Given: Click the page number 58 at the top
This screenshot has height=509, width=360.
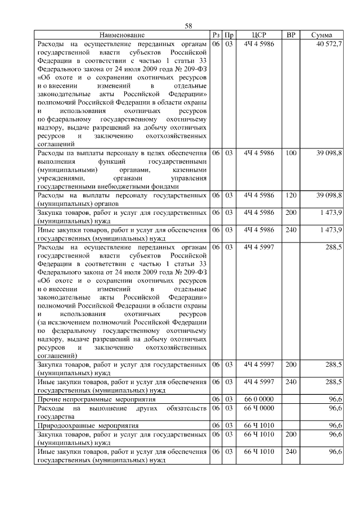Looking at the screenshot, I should click(188, 26).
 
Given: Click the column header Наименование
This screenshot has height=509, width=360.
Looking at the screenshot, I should click(123, 35).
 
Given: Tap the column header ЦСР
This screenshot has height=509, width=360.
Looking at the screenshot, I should click(259, 35).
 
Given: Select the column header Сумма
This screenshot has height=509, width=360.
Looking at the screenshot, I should click(321, 35).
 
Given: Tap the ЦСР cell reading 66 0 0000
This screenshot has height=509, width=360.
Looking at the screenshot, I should click(259, 399).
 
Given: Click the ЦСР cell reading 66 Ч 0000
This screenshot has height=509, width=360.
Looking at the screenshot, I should click(259, 408).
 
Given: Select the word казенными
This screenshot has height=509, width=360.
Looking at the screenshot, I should click(190, 169).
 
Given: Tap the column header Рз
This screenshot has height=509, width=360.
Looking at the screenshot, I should click(216, 35).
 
